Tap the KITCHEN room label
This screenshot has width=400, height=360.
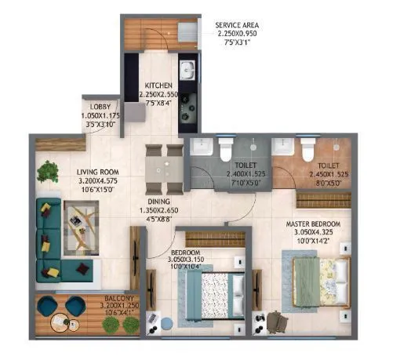[159, 87]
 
